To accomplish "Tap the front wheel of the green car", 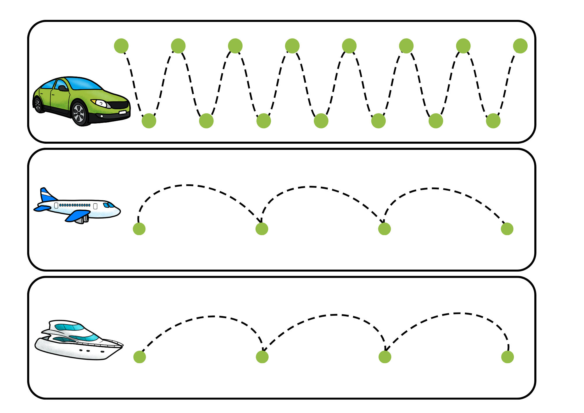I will pos(79,113).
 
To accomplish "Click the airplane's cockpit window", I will pos(109,205).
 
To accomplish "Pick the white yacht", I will pos(79,340).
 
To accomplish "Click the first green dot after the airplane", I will pos(139,229).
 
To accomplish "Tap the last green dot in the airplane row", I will pos(507,229).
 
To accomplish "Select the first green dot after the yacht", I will pos(140,357).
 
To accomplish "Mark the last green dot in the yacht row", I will pos(507,357).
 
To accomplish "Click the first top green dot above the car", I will pos(121,46).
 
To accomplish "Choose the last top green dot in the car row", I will pos(520,46).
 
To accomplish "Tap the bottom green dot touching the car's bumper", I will pos(149,121).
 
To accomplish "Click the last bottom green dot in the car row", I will pos(493,121).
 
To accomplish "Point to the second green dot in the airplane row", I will pos(262,229).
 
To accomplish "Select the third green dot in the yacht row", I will pos(385,357).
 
